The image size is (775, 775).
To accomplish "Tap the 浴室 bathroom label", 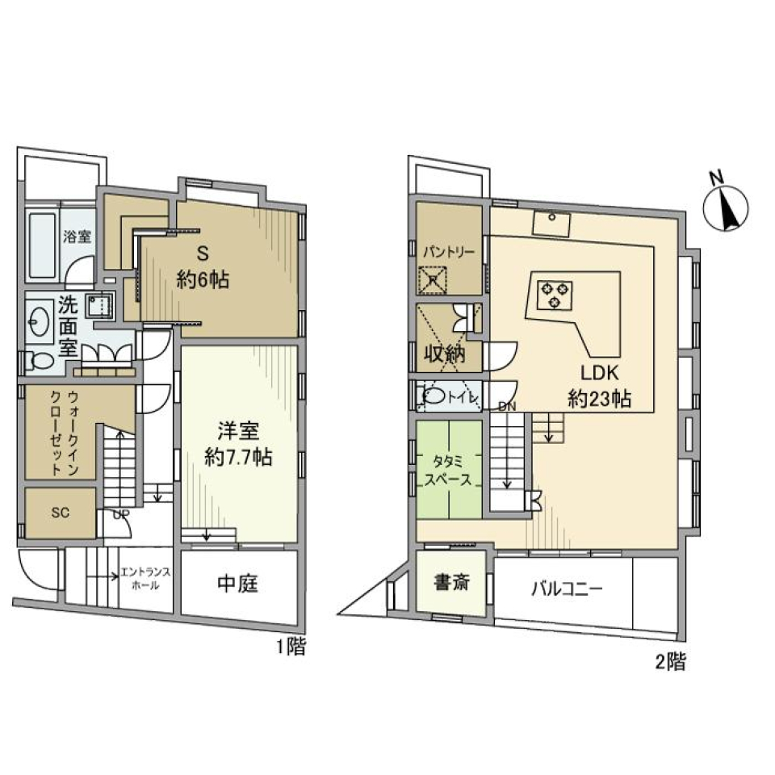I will pos(77,237).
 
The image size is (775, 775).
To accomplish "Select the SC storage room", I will pos(60,513).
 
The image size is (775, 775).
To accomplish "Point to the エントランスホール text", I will pos(144,578).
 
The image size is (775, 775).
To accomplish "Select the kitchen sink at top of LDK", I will pos(551,220).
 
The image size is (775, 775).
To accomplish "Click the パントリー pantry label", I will pos(449,251).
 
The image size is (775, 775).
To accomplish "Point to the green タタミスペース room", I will pos(449,468).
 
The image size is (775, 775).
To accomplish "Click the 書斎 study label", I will pos(453,582).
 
